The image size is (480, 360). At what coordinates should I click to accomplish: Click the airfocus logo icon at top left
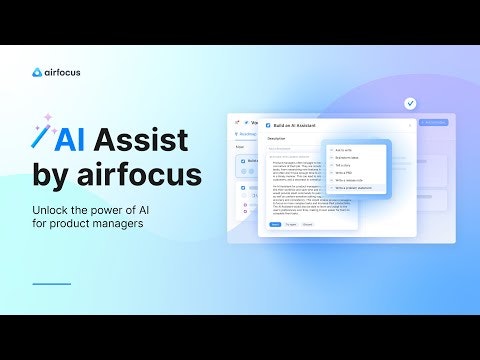pyautogui.click(x=37, y=72)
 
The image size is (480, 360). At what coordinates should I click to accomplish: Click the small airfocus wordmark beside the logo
pyautogui.click(x=62, y=72)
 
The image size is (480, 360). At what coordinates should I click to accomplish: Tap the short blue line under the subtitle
pyautogui.click(x=51, y=284)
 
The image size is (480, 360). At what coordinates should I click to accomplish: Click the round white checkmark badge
pyautogui.click(x=410, y=103)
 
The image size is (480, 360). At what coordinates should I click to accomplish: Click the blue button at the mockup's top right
pyautogui.click(x=433, y=123)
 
